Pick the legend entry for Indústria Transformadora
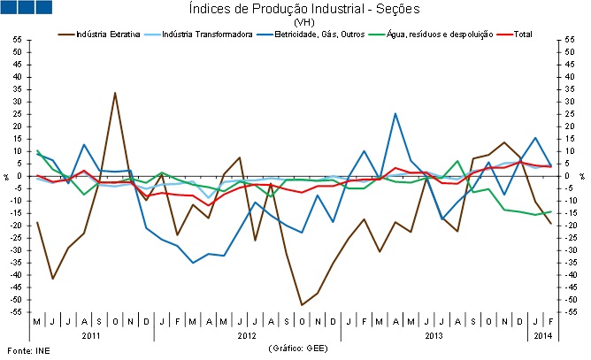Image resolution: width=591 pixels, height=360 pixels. [196, 34]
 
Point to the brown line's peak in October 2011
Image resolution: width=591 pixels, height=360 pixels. [115, 93]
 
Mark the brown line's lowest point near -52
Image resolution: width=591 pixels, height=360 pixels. [302, 305]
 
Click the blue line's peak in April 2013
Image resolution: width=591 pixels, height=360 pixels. [395, 113]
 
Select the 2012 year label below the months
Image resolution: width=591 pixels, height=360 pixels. [248, 337]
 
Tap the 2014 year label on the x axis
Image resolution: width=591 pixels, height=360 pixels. [541, 337]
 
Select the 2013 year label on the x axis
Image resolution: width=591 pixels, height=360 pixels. [434, 337]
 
